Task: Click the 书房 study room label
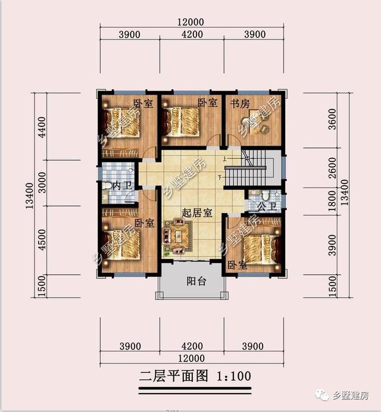[x=240, y=103]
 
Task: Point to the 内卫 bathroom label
[x=121, y=186]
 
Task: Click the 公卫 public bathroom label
[x=266, y=207]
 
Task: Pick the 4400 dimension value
[x=41, y=126]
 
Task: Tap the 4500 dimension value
[x=41, y=241]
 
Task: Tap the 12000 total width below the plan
[x=190, y=358]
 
